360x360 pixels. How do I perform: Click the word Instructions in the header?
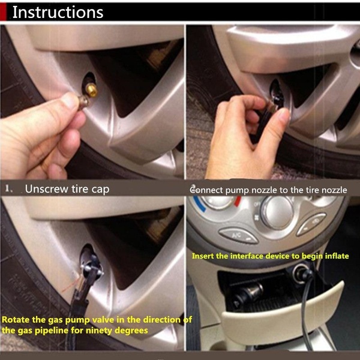58,12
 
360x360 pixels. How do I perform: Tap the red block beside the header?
3,12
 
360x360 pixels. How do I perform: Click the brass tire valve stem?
92,90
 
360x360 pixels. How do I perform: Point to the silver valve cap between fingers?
83,101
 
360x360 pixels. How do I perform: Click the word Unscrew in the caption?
47,189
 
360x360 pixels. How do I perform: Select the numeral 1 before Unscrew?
8,189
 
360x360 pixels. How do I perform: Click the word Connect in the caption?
206,190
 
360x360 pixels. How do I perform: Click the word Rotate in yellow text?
16,320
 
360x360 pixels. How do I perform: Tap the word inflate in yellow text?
337,256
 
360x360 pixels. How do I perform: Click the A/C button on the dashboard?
238,236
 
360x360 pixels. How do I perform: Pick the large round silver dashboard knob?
277,212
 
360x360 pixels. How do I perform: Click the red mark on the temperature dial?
238,201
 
